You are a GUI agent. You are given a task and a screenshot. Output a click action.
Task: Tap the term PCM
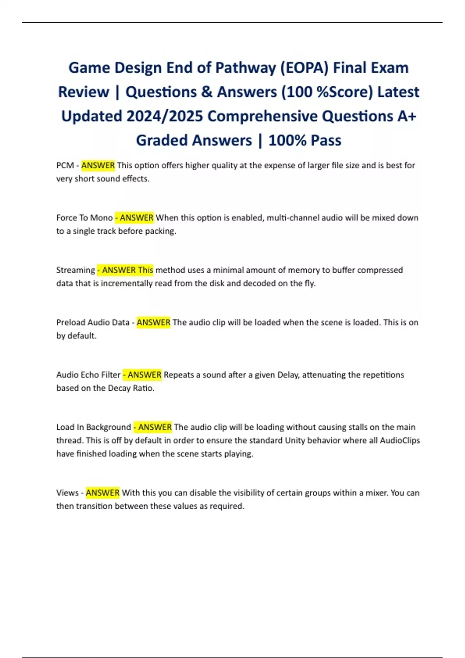65,166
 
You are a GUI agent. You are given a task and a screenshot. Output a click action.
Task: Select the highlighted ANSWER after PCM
98,166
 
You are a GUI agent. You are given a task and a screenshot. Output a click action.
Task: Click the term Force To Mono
84,218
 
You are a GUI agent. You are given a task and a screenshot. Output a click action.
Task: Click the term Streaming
76,270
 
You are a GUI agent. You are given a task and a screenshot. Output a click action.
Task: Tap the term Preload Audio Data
93,322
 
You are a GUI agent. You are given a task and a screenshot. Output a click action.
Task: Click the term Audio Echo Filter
88,375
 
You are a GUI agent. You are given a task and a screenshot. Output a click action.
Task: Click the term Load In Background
93,427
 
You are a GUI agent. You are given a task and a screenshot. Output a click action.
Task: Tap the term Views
67,493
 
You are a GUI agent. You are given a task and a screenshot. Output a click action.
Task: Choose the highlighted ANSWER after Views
103,493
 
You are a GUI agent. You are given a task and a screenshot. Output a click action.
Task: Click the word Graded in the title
161,140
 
